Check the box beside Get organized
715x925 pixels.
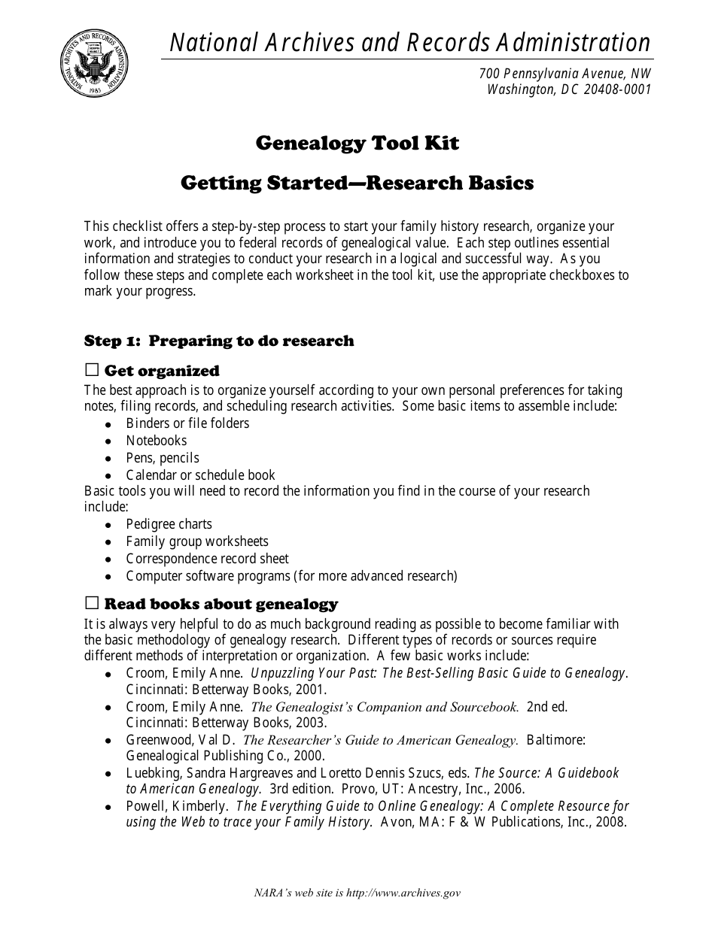pyautogui.click(x=92, y=370)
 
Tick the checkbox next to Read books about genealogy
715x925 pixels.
pyautogui.click(x=92, y=603)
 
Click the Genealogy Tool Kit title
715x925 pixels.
pyautogui.click(x=357, y=143)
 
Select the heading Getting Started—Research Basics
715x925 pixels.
pyautogui.click(x=357, y=183)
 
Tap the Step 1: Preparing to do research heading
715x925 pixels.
pyautogui.click(x=219, y=341)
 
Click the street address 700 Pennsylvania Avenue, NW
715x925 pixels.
pyautogui.click(x=564, y=73)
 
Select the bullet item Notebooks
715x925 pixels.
pyautogui.click(x=156, y=441)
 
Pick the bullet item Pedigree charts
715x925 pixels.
pyautogui.click(x=169, y=524)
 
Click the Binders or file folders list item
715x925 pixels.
pyautogui.click(x=187, y=423)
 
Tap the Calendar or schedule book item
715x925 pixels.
pyautogui.click(x=200, y=475)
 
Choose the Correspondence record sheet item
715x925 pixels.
pyautogui.click(x=207, y=559)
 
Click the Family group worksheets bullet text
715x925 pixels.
pyautogui.click(x=196, y=541)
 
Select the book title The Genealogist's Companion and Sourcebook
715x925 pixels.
pyautogui.click(x=385, y=707)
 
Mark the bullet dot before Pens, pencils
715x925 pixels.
pyautogui.click(x=109, y=459)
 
